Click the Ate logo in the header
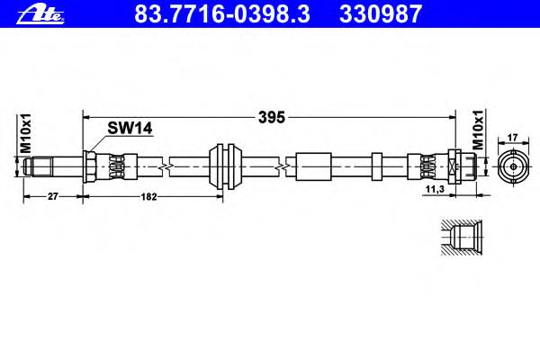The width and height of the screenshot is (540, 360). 40,15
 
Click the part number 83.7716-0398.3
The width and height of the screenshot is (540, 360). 222,14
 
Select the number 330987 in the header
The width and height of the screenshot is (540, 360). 381,14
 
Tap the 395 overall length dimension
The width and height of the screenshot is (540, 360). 272,118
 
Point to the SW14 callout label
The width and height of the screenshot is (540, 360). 130,129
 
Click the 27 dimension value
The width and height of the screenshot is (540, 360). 53,196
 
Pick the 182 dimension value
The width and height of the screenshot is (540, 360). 148,197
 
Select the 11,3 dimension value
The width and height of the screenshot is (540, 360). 435,189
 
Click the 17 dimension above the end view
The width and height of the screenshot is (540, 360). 513,138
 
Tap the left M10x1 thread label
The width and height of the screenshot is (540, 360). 25,133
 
